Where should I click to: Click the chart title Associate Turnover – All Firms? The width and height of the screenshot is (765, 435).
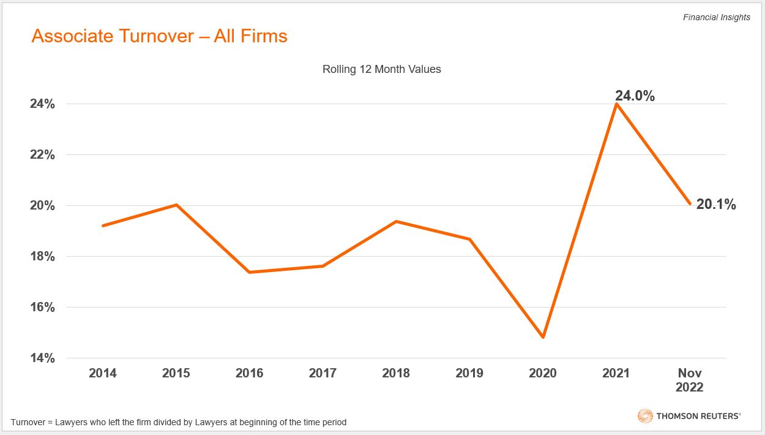click(159, 36)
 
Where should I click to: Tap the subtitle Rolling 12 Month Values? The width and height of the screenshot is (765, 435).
click(381, 69)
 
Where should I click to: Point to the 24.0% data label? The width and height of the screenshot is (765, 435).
click(635, 96)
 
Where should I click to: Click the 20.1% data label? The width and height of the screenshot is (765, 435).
click(716, 205)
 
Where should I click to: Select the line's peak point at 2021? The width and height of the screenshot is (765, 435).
click(616, 104)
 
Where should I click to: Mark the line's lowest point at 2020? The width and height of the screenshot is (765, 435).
click(543, 337)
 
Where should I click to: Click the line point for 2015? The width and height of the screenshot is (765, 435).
click(176, 205)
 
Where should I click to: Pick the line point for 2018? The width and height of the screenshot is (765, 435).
click(396, 221)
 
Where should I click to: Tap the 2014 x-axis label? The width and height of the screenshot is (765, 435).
click(103, 373)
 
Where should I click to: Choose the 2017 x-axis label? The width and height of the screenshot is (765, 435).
click(323, 373)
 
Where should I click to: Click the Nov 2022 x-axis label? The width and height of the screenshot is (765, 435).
click(689, 380)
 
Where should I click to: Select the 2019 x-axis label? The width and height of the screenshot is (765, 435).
click(469, 373)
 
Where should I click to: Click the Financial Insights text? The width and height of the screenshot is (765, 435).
click(716, 17)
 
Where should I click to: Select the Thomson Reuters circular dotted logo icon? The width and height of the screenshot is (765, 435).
click(645, 416)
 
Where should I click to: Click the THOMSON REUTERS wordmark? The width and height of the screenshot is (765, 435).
click(698, 416)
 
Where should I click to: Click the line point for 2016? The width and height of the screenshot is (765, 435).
click(250, 272)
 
